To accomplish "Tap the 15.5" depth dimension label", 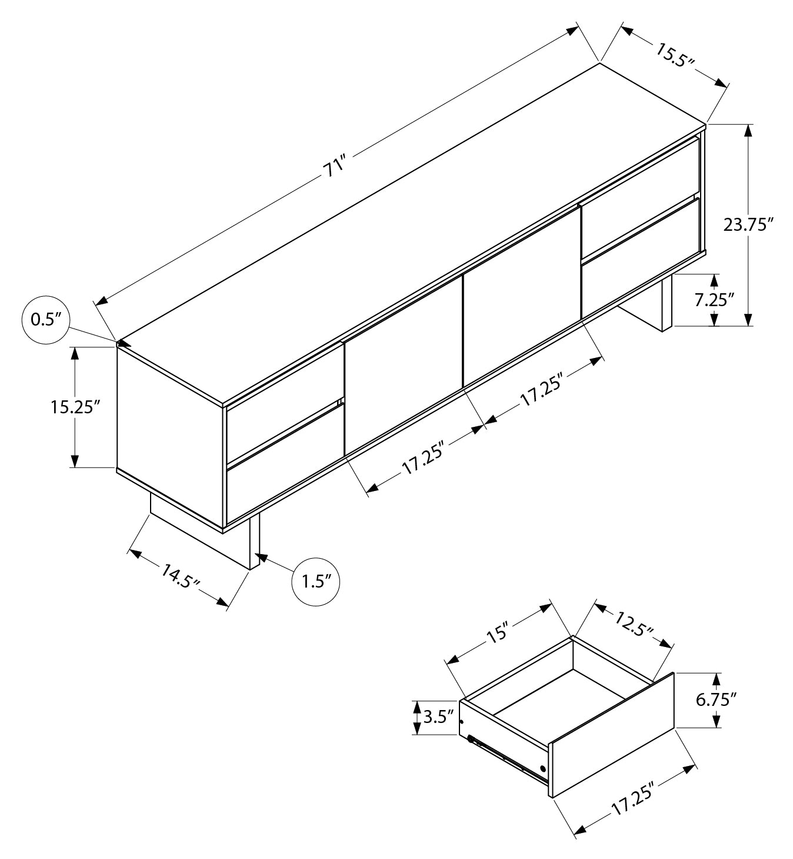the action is pyautogui.click(x=675, y=55).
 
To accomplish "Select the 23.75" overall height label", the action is pyautogui.click(x=748, y=225).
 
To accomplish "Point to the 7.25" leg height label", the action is pyautogui.click(x=714, y=299).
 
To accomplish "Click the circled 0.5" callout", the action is pyautogui.click(x=45, y=320).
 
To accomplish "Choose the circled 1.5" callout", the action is pyautogui.click(x=316, y=582).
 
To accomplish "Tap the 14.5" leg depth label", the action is pyautogui.click(x=181, y=576).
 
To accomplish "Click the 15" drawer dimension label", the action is pyautogui.click(x=497, y=632).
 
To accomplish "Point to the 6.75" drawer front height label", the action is pyautogui.click(x=716, y=699).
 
